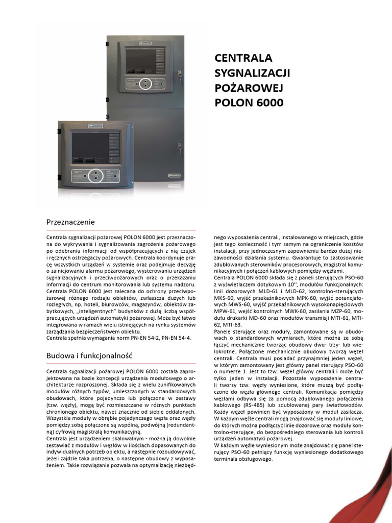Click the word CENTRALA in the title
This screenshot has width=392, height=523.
click(x=243, y=58)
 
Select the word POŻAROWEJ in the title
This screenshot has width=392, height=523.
click(x=248, y=87)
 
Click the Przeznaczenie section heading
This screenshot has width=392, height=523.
click(x=70, y=222)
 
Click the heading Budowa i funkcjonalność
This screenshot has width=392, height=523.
click(x=89, y=354)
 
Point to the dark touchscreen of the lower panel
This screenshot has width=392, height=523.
click(x=88, y=149)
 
